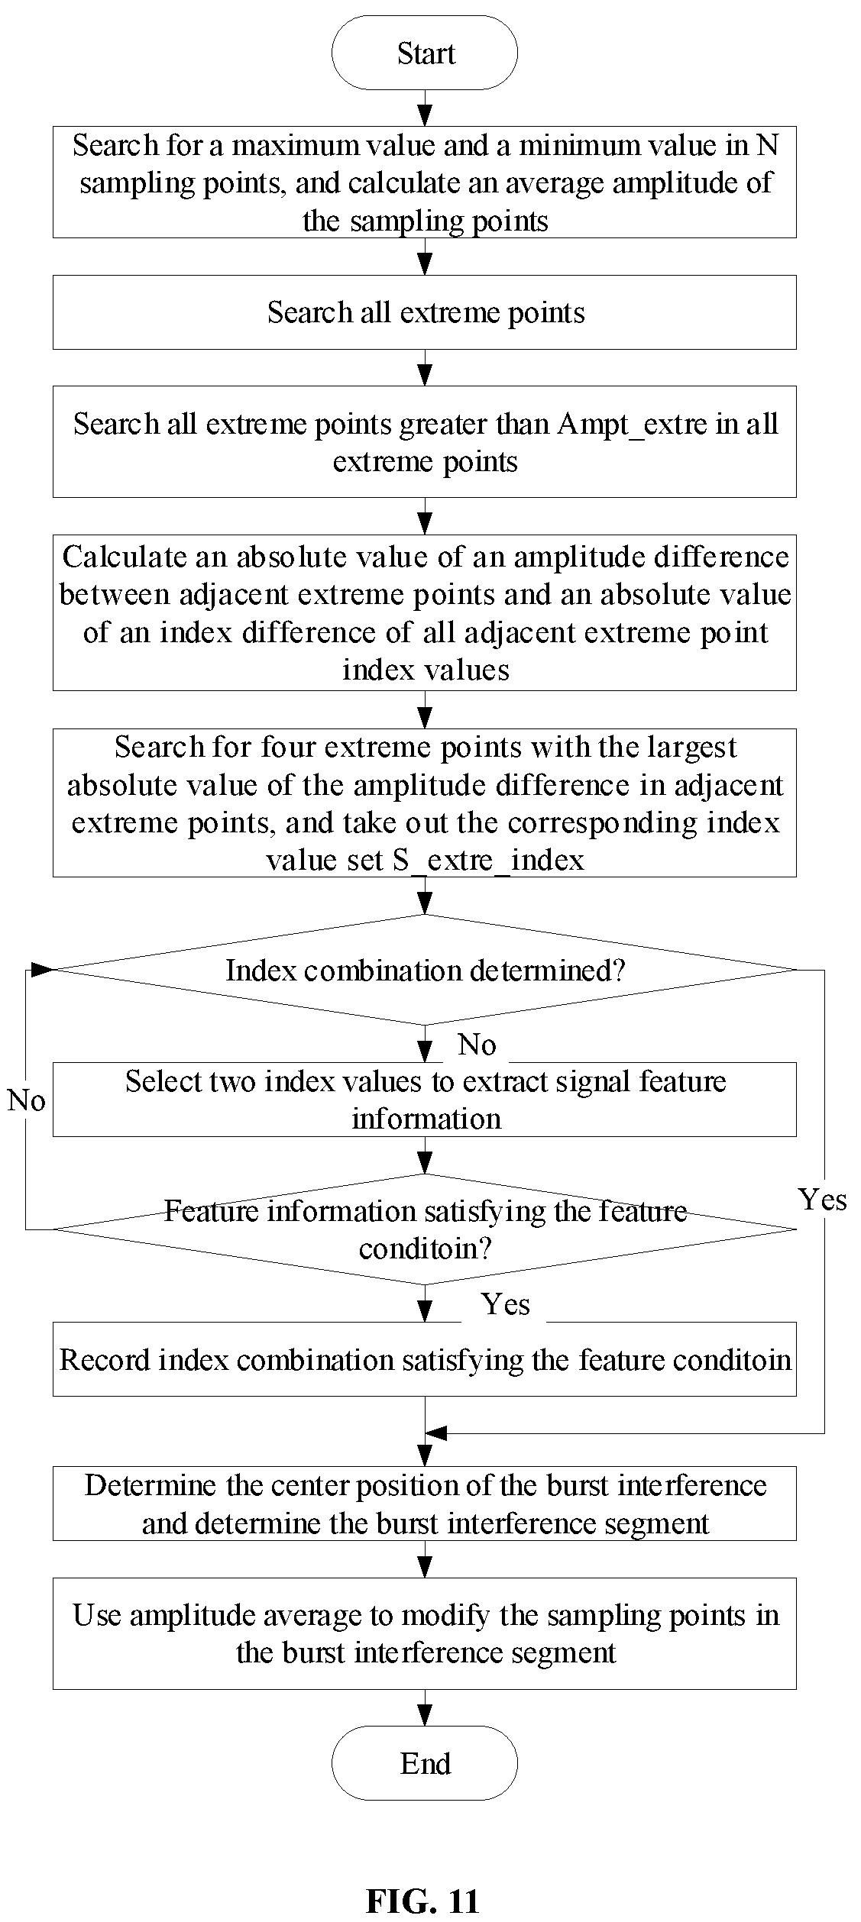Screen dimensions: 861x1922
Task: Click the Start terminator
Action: coord(425,53)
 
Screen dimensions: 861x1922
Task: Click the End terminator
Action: coord(425,1763)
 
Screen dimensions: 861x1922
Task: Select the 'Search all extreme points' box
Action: coord(425,312)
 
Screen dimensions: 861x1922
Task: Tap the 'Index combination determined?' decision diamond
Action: coord(425,970)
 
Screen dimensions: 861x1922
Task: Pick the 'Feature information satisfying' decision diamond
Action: coord(425,1229)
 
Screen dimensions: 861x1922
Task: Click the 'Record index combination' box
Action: coord(425,1360)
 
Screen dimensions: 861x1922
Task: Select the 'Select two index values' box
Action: coord(425,1100)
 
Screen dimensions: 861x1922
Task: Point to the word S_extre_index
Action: coord(489,861)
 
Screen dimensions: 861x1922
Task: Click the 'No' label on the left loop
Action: coord(26,1100)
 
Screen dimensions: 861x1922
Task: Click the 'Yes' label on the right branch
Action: coord(823,1200)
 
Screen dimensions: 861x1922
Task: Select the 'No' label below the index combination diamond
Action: coord(477,1045)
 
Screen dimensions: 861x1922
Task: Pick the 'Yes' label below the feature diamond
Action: coord(506,1304)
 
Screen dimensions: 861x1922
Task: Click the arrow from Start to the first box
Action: coord(425,108)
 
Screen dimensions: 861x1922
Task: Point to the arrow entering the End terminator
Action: coord(425,1707)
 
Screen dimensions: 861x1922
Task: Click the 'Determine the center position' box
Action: coord(425,1503)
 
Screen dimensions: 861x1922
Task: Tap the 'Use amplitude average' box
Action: coord(425,1633)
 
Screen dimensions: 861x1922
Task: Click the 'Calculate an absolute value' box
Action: coord(425,612)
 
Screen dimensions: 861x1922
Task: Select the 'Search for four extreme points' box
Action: coord(425,803)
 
